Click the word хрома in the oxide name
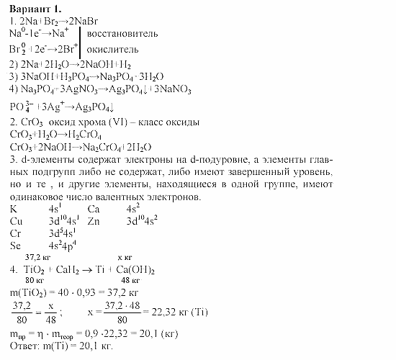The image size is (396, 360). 94,122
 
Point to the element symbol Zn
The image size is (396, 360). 94,221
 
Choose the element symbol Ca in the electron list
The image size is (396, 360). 94,209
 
